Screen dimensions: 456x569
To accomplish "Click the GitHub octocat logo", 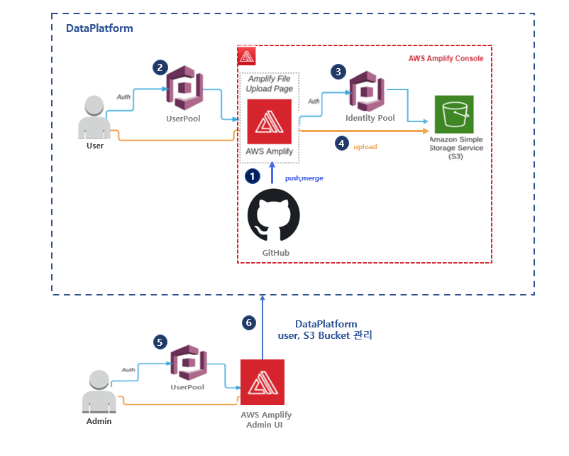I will (273, 216).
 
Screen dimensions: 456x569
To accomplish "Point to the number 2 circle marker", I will (160, 67).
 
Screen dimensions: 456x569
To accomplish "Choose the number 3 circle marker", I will (339, 72).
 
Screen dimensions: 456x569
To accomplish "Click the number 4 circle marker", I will (341, 143).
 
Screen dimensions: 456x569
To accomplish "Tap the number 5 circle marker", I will (160, 342).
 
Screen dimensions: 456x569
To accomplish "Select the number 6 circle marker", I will (248, 322).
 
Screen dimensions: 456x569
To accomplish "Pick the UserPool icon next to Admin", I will (188, 362).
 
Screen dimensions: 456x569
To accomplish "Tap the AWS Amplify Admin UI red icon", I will (263, 381).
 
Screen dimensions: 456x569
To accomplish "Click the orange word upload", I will (365, 147).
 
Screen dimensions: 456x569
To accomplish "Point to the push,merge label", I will (304, 178).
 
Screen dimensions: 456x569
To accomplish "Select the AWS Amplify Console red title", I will (446, 58).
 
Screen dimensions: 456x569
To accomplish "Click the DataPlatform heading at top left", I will (99, 28).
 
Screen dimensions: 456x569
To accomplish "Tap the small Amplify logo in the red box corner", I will (247, 55).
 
